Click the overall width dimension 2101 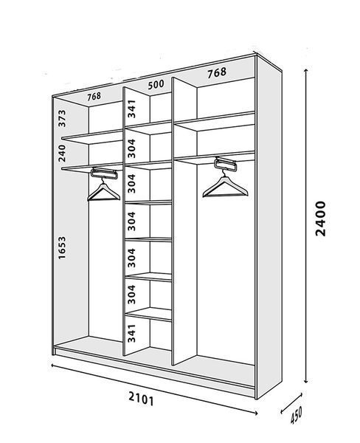coord(141,399)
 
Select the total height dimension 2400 coord(321,219)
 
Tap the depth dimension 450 coord(296,415)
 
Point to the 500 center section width coord(156,84)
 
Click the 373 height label coord(62,118)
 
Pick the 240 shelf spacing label coord(62,153)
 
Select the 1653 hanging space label coord(62,248)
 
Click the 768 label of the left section coord(94,96)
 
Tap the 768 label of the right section coord(217,72)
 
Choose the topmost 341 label coord(131,109)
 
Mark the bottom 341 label coord(131,333)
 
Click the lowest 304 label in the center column coord(131,295)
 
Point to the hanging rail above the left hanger coord(104,173)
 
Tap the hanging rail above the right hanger coord(225,164)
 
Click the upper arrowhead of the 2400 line coord(306,70)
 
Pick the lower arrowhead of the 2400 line coord(306,381)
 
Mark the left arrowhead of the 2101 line coord(53,365)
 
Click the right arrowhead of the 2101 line coord(255,413)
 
